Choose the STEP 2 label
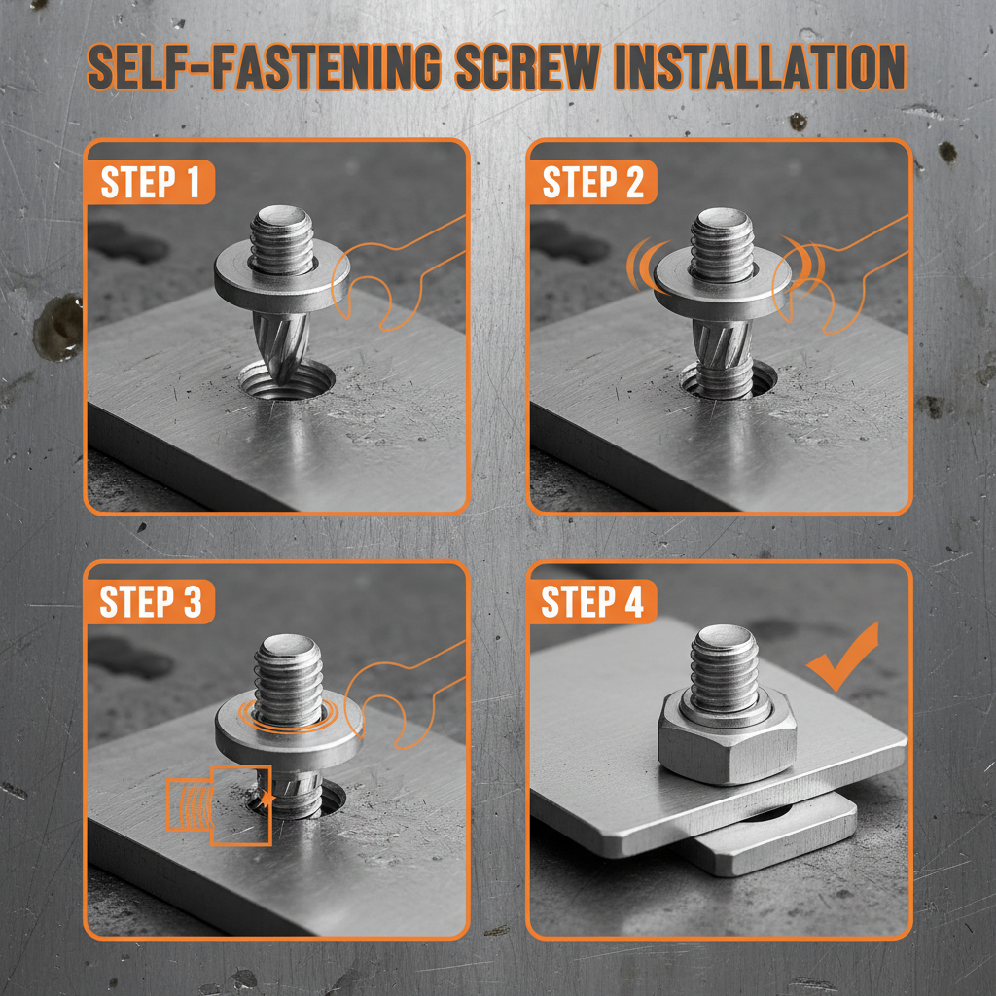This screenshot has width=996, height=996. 592,183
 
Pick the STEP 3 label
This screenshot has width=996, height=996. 151,602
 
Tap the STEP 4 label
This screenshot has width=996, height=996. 592,602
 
